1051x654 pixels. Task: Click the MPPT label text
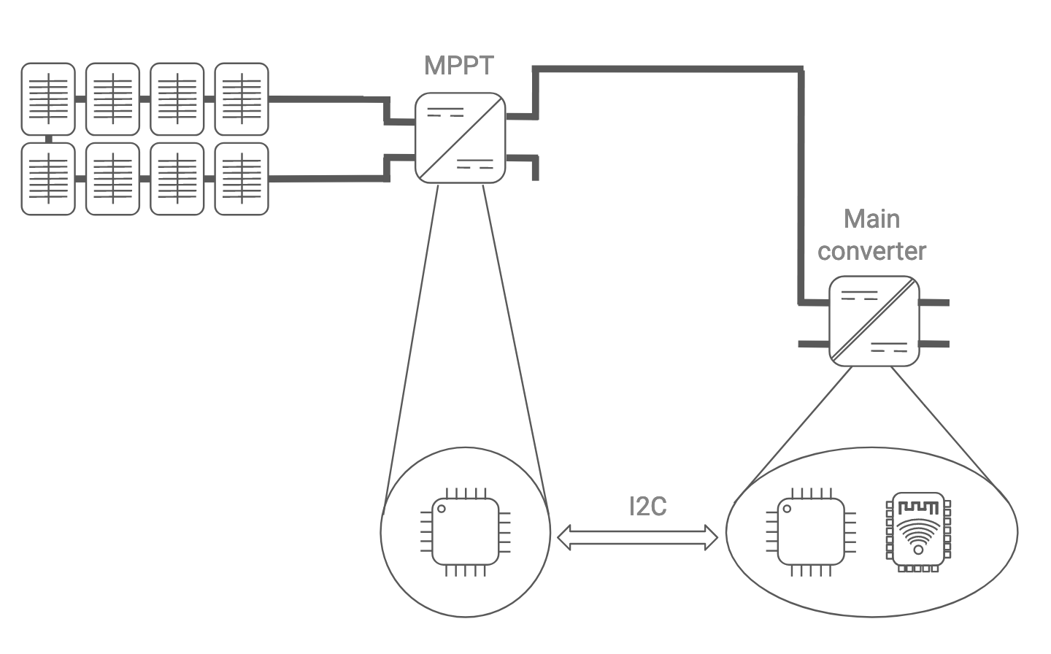point(458,66)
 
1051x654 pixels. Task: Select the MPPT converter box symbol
point(460,138)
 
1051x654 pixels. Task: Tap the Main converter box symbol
point(874,321)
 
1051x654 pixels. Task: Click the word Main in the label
point(871,219)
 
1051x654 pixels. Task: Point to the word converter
point(871,251)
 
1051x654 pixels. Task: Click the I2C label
point(647,506)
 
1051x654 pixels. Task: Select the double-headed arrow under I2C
point(637,538)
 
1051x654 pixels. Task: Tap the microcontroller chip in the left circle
point(466,531)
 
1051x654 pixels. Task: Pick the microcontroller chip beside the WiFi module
point(810,531)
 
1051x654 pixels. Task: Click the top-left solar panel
point(48,99)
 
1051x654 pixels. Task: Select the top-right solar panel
point(242,99)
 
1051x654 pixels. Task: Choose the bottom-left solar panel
point(48,179)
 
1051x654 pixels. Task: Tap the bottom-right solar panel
point(242,179)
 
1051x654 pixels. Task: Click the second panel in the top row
point(112,99)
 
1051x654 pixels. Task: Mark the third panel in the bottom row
point(177,179)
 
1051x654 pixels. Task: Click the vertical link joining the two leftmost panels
point(48,139)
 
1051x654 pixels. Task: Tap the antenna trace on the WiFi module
point(918,507)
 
